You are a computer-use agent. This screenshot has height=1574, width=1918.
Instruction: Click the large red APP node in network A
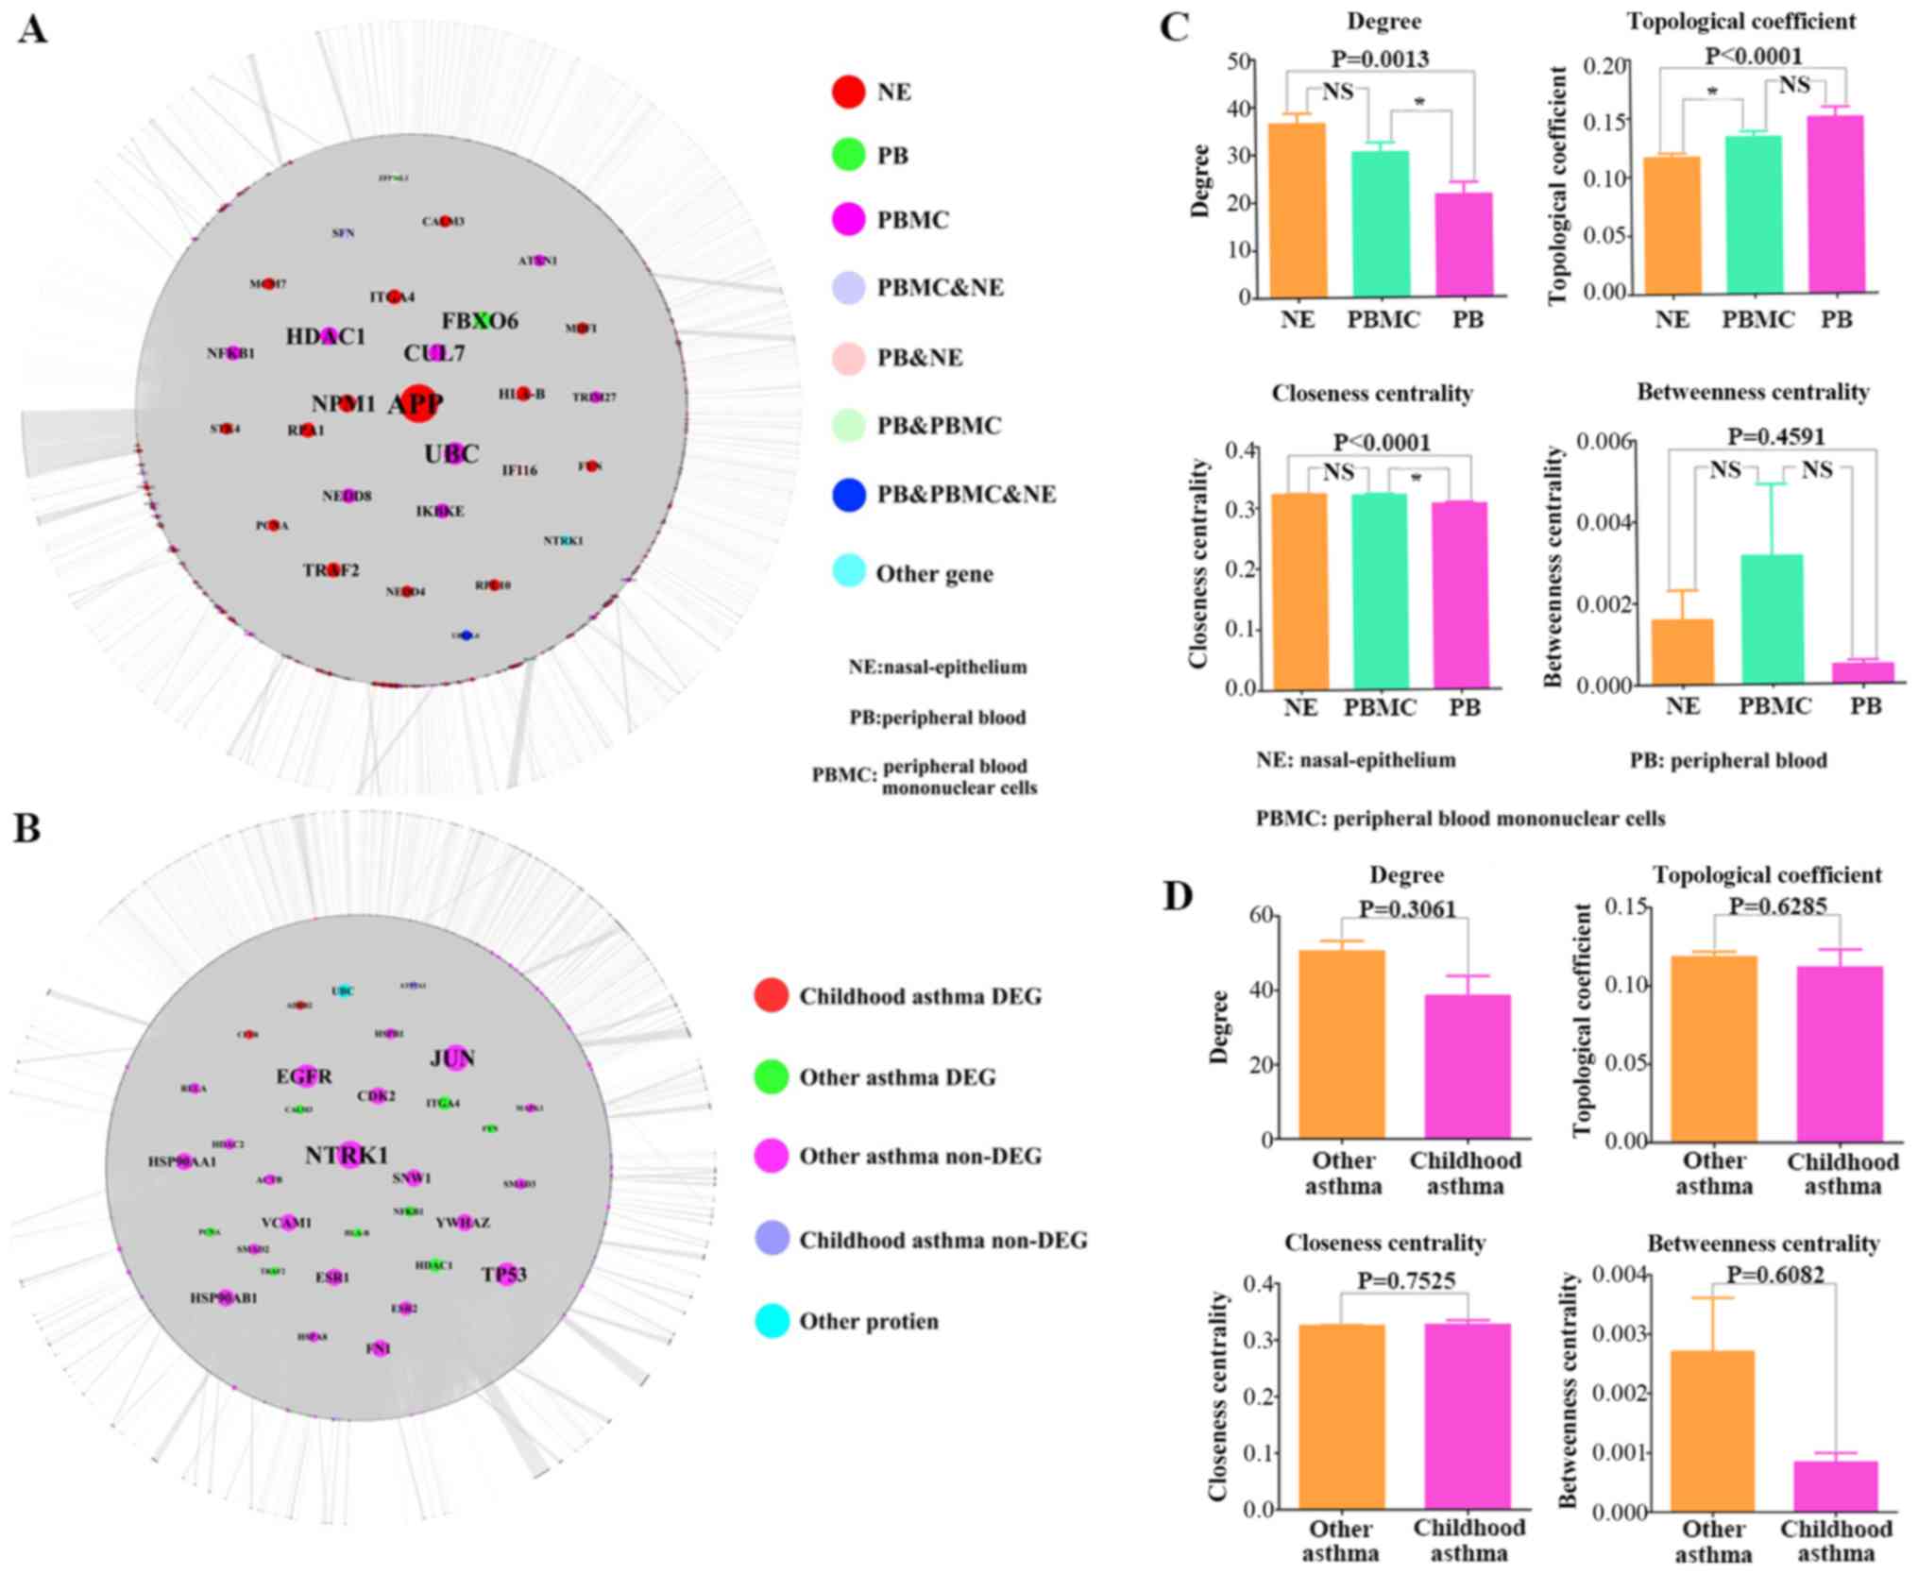point(417,402)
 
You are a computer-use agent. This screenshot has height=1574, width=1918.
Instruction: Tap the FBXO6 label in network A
point(480,321)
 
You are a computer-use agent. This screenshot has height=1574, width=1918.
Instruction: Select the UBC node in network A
point(454,453)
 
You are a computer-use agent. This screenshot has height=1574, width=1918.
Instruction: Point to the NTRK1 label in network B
point(347,1155)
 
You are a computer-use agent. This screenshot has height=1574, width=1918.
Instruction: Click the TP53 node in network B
point(506,1274)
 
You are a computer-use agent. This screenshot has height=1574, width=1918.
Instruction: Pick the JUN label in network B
point(452,1058)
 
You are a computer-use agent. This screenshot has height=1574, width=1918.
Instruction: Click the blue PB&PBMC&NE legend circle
point(849,495)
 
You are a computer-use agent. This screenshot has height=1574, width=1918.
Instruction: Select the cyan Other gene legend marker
point(849,572)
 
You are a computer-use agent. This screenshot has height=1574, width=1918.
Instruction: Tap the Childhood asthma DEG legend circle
point(772,996)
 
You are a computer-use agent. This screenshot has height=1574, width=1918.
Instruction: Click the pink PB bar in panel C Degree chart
point(1465,245)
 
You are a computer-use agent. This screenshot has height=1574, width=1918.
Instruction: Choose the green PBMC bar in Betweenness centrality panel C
point(1774,619)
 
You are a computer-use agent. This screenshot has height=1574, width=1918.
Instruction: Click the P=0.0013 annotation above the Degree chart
point(1380,59)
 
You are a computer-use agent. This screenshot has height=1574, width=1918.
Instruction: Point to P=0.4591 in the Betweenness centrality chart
point(1776,436)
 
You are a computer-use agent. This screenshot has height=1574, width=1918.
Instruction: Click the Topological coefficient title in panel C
point(1740,21)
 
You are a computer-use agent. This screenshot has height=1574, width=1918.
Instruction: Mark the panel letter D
point(1179,895)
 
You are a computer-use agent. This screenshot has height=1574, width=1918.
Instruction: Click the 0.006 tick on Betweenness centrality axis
point(1605,442)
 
